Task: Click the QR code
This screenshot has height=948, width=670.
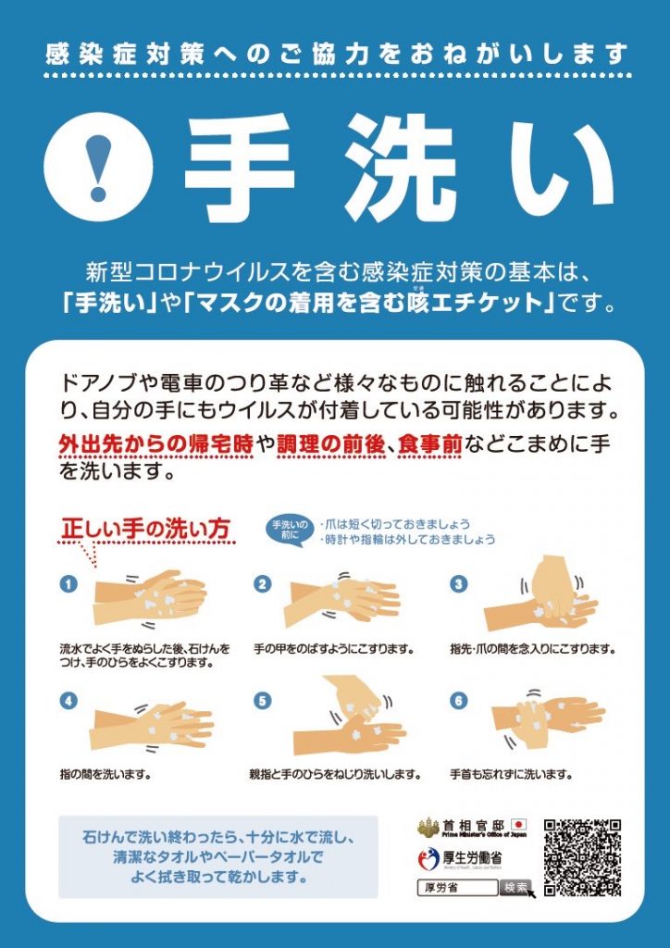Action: tap(581, 857)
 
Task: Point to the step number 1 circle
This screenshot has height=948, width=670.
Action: tap(68, 584)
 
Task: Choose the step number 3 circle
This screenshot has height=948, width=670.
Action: tap(457, 584)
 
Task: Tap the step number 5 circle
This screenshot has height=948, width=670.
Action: tap(263, 702)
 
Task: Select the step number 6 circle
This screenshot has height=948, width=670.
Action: tap(457, 702)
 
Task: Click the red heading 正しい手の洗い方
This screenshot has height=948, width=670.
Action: tap(145, 530)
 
